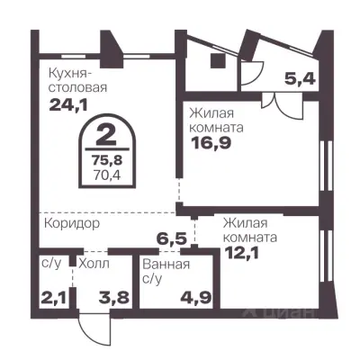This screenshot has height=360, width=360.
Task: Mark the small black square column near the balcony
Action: (217, 60)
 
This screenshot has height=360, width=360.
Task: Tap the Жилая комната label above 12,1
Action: (250, 229)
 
